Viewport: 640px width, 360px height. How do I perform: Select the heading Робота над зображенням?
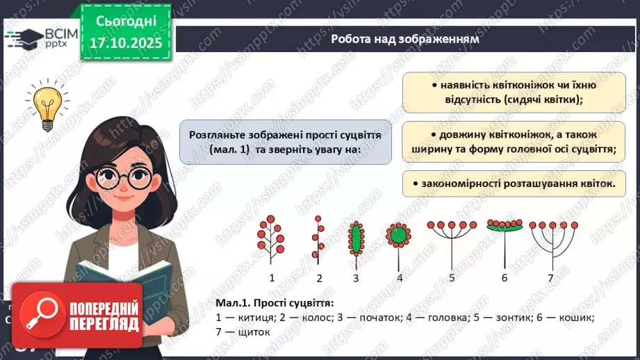(x=405, y=39)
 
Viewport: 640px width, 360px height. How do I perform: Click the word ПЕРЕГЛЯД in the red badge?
(x=104, y=325)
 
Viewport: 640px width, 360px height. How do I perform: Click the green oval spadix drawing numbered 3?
(x=356, y=239)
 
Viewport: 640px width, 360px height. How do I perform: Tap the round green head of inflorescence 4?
(x=399, y=236)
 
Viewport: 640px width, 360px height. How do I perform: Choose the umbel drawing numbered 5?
(x=452, y=240)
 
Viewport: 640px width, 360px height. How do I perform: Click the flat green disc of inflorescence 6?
(x=504, y=227)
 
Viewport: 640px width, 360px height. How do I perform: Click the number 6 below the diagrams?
(x=504, y=278)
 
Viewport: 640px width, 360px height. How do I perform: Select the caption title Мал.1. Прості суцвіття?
(x=274, y=304)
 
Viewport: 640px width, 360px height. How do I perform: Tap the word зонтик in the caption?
(x=504, y=318)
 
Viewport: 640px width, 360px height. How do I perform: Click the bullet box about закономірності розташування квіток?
(x=513, y=183)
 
